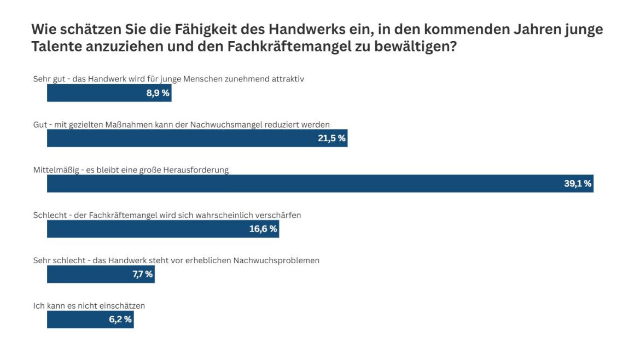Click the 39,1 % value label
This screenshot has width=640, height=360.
[x=577, y=184]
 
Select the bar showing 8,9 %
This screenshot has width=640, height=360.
[x=109, y=93]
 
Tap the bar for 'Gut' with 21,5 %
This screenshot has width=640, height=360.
[x=197, y=138]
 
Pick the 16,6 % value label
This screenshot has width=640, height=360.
[x=263, y=229]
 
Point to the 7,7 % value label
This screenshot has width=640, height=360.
[x=142, y=275]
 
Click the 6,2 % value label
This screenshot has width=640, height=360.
[x=120, y=320]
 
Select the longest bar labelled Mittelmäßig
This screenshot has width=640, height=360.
[x=320, y=184]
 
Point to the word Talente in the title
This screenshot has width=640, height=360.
[x=56, y=47]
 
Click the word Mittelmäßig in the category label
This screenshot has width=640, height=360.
[x=55, y=170]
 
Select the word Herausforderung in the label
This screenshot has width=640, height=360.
[x=200, y=170]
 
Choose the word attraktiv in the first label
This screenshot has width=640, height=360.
[x=288, y=79]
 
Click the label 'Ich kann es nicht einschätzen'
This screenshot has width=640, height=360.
[x=89, y=306]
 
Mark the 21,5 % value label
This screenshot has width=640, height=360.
[x=331, y=138]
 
